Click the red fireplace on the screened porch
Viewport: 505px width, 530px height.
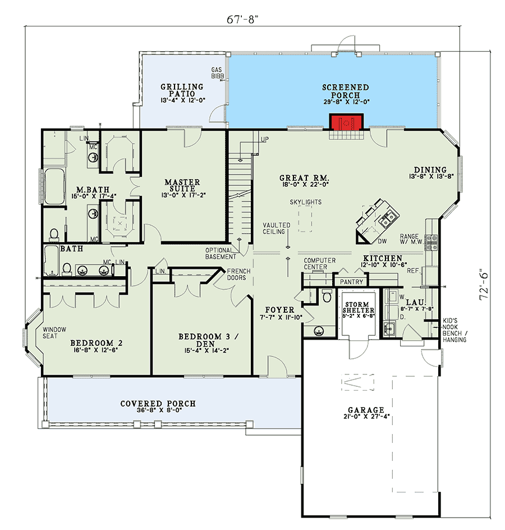click(x=346, y=122)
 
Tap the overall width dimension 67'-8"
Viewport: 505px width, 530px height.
click(x=242, y=19)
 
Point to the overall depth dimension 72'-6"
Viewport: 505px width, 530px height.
click(x=484, y=284)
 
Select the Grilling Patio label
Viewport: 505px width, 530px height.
click(x=182, y=90)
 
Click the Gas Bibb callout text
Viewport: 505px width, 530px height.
click(x=217, y=73)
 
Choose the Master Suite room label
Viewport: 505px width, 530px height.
click(x=182, y=185)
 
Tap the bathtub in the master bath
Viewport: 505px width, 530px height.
click(x=55, y=186)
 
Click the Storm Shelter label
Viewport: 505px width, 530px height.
click(x=358, y=307)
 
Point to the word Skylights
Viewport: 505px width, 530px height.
click(x=306, y=202)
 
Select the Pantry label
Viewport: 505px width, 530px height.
click(x=351, y=282)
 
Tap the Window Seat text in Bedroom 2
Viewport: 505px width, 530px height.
click(x=54, y=332)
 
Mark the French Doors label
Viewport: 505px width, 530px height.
click(x=238, y=274)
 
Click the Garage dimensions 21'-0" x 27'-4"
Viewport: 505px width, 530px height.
click(x=366, y=417)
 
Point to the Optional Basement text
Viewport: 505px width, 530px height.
click(x=221, y=254)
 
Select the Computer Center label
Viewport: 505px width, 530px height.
click(x=319, y=264)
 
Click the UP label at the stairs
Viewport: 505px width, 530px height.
click(x=264, y=139)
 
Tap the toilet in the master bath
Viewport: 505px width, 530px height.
click(x=54, y=234)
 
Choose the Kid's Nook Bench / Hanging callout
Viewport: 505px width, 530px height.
click(x=454, y=330)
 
